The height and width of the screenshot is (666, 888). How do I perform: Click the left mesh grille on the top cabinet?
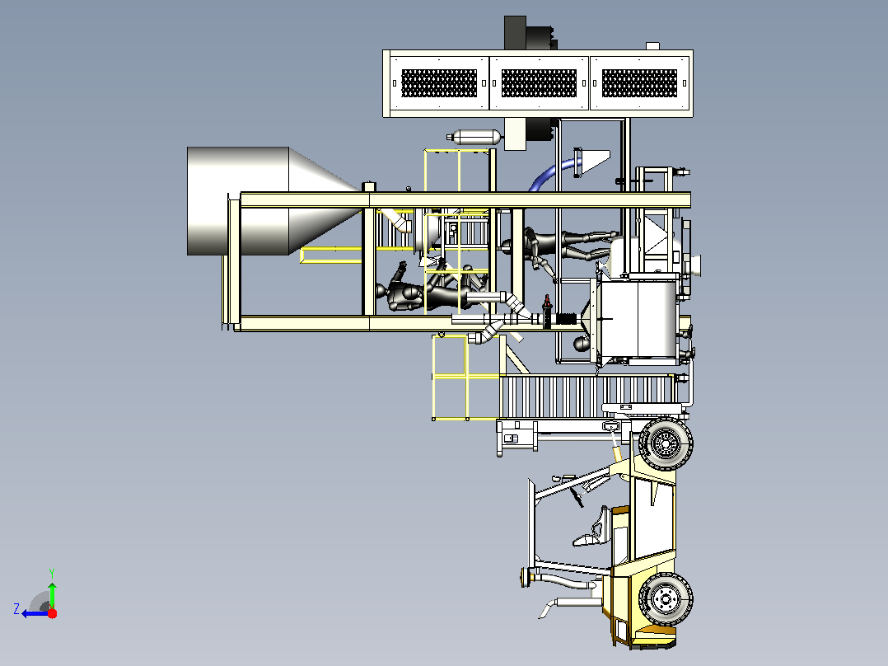(x=439, y=83)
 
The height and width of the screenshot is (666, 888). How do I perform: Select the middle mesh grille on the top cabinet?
(x=539, y=83)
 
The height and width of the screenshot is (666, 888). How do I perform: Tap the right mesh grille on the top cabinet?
(x=639, y=83)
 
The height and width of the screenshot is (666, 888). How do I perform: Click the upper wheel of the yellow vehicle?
(x=666, y=443)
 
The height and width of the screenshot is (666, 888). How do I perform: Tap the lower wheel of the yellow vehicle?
(x=666, y=598)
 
